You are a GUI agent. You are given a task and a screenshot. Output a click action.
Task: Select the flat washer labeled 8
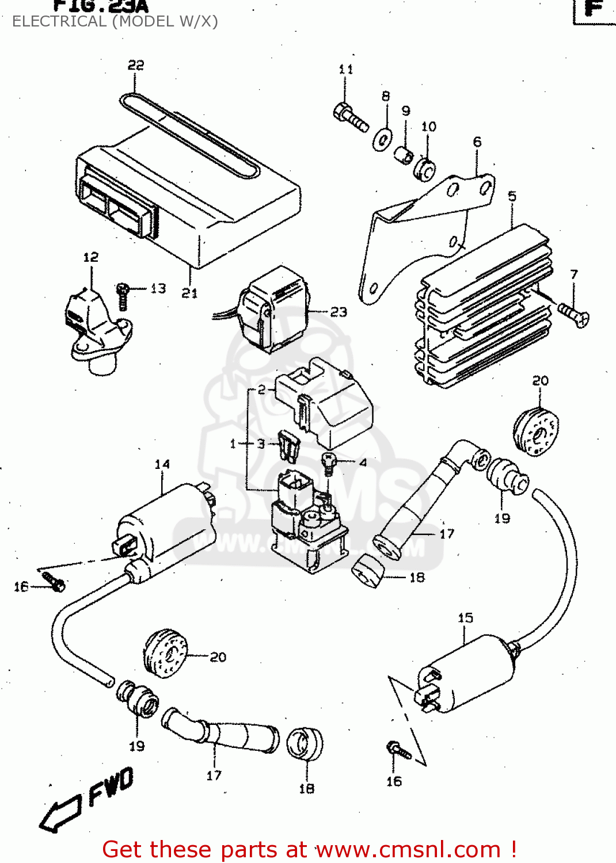point(382,139)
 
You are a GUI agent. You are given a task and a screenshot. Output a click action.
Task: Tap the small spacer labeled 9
point(404,155)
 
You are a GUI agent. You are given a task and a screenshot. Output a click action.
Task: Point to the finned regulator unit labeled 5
point(484,305)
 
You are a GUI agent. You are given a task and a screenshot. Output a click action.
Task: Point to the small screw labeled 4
point(328,464)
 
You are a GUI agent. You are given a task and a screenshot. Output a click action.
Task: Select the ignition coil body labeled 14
point(167,526)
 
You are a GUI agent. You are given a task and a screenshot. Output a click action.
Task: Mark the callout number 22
point(136,65)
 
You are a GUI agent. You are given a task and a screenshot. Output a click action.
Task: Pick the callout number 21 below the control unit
point(189,293)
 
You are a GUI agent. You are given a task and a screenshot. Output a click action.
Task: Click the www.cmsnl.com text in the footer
point(408,850)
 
